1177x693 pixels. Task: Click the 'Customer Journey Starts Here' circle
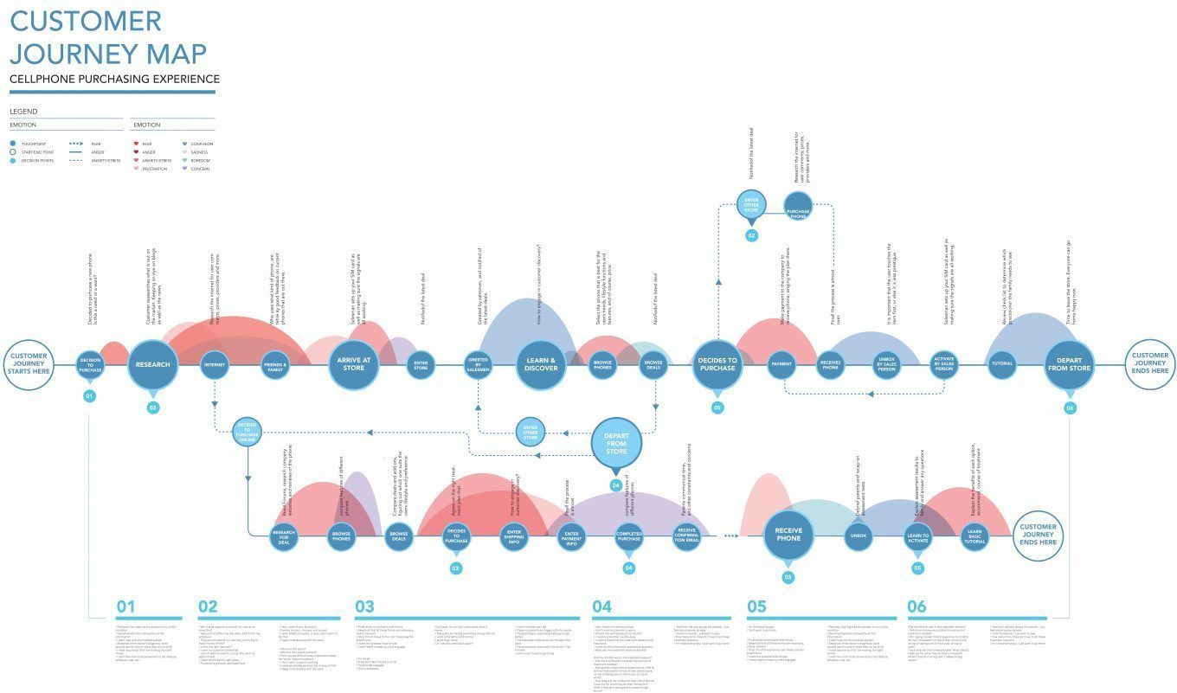[x=29, y=364]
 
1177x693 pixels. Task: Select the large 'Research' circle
[x=153, y=365]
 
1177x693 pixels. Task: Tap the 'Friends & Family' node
[x=274, y=365]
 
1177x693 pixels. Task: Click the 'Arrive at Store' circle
[x=354, y=365]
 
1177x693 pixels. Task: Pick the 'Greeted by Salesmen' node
[x=478, y=365]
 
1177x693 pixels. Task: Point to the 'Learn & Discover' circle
[x=541, y=365]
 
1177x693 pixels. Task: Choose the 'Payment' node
[x=781, y=365]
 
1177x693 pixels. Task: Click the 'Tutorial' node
[x=1002, y=364]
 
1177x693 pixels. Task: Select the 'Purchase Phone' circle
[x=798, y=208]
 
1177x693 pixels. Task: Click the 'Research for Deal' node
[x=284, y=537]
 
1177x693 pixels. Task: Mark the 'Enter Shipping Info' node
[x=514, y=537]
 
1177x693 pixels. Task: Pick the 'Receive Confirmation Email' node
[x=686, y=537]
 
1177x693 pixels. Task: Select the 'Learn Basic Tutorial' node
[x=974, y=537]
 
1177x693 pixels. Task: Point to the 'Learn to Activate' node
[x=917, y=537]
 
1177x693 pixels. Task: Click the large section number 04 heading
[x=602, y=606]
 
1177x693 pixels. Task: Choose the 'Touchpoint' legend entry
[x=33, y=144]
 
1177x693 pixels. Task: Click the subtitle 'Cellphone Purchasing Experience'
[x=114, y=80]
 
